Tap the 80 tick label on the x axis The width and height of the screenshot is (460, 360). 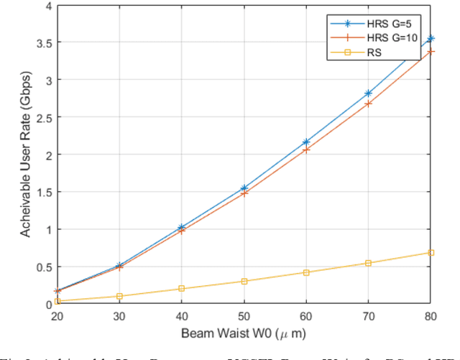coord(431,315)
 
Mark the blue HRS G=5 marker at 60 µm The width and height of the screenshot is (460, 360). coord(306,142)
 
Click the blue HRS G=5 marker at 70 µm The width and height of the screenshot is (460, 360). coord(369,93)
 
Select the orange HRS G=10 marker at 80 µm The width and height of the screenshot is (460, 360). coord(431,52)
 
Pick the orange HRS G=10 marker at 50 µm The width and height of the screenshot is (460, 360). coord(244,193)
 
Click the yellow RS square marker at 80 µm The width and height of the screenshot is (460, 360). coord(431,252)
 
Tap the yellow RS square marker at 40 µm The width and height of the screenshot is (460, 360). coord(181,288)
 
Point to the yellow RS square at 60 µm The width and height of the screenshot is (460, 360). coord(306,272)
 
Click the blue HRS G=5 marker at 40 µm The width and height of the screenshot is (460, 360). coord(181,227)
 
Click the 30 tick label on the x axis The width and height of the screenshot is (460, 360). coord(119,315)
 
